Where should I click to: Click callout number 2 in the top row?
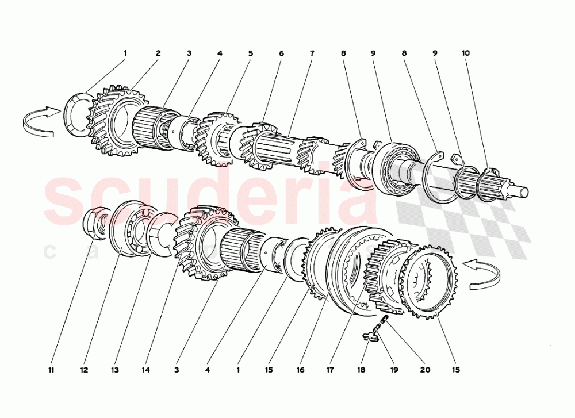[158, 53]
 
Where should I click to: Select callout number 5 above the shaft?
[251, 53]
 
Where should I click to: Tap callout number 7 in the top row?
[312, 53]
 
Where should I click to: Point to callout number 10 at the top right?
[465, 53]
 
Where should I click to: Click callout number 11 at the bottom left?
[51, 370]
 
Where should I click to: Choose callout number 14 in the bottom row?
[146, 370]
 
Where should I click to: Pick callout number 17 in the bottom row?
[330, 370]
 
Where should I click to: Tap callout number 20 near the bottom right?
[425, 370]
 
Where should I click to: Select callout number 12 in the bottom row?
[85, 370]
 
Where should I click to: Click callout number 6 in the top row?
[281, 53]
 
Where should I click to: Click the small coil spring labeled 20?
[385, 319]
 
